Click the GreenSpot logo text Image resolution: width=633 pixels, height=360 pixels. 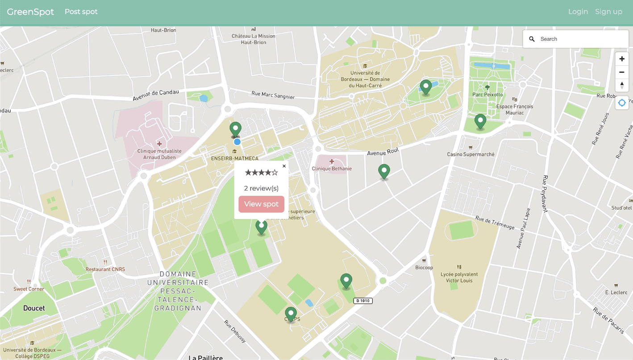pyautogui.click(x=30, y=12)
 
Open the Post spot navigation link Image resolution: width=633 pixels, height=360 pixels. pyautogui.click(x=81, y=12)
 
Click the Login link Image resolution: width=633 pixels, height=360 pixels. pyautogui.click(x=578, y=12)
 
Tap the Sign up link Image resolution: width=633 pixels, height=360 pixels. pyautogui.click(x=608, y=12)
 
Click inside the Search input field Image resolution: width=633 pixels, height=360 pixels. pyautogui.click(x=580, y=39)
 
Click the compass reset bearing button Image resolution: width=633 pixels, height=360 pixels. pyautogui.click(x=622, y=85)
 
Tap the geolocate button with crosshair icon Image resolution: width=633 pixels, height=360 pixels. pyautogui.click(x=622, y=103)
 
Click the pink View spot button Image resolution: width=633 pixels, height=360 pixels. pyautogui.click(x=261, y=204)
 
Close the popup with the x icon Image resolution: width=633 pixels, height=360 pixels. pyautogui.click(x=284, y=166)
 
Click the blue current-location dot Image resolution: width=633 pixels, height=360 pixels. pyautogui.click(x=237, y=142)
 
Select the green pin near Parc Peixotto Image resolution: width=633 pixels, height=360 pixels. pyautogui.click(x=480, y=121)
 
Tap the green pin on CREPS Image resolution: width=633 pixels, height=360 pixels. pyautogui.click(x=291, y=314)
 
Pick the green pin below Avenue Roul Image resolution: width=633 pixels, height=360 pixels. pyautogui.click(x=384, y=171)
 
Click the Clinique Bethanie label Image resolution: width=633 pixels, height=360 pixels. pyautogui.click(x=332, y=169)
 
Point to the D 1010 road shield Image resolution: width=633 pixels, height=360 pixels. pyautogui.click(x=362, y=301)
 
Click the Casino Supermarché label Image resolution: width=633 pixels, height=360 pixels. pyautogui.click(x=471, y=154)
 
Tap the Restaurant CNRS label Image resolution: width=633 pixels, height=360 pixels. pyautogui.click(x=105, y=269)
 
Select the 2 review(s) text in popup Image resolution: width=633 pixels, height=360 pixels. pyautogui.click(x=261, y=188)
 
